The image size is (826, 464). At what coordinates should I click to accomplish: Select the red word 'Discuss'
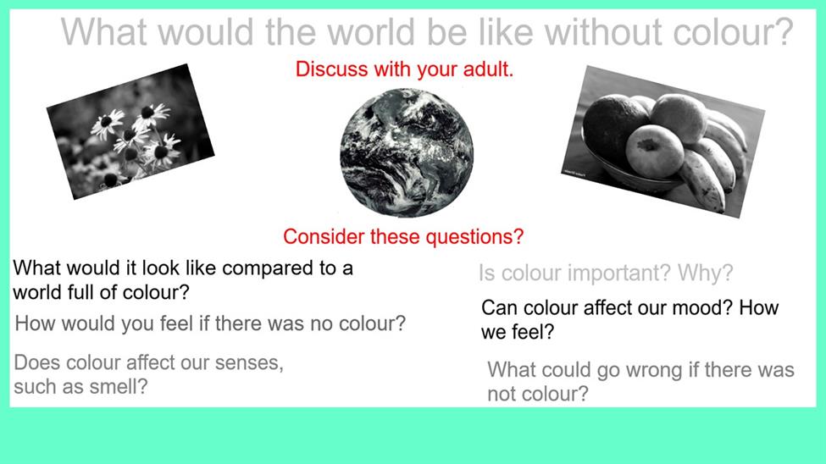331,69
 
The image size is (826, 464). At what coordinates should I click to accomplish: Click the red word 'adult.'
488,69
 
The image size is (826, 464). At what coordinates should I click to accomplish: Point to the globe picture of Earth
406,152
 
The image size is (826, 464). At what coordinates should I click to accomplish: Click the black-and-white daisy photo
130,132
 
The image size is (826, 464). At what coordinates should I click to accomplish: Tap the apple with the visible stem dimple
655,151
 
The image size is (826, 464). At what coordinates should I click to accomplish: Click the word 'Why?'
706,273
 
